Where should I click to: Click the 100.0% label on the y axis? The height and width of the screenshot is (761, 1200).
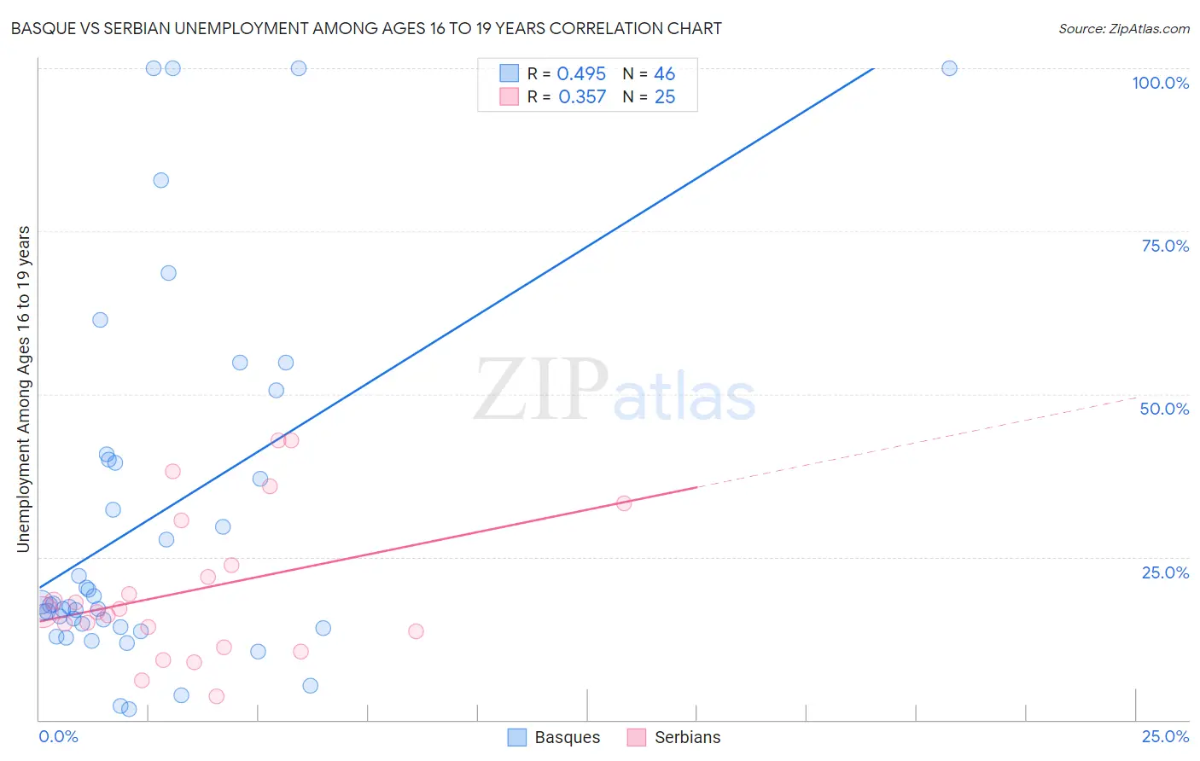(x=1160, y=83)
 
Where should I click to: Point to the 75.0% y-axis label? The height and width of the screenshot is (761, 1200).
(x=1165, y=246)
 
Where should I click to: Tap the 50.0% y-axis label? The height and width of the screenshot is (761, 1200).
(x=1164, y=409)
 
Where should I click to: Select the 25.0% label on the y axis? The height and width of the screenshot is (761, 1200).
(x=1165, y=572)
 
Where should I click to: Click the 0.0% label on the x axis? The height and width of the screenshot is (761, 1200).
(x=58, y=736)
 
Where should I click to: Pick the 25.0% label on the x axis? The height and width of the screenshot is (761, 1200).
(x=1165, y=736)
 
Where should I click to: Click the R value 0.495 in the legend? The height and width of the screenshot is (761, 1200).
(x=581, y=74)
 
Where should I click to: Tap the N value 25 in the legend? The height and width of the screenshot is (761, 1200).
(x=664, y=97)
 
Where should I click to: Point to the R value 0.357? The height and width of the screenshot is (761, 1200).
(x=581, y=97)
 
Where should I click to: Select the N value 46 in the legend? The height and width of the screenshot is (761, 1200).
(x=664, y=74)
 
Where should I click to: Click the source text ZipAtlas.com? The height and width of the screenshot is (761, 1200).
(x=1123, y=29)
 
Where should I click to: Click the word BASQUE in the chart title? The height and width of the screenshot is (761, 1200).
(x=42, y=29)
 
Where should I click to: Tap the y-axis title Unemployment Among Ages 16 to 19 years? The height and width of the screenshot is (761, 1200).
(x=24, y=389)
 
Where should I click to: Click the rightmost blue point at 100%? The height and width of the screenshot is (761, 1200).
(x=949, y=68)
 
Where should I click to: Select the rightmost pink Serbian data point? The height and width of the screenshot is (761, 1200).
(x=624, y=503)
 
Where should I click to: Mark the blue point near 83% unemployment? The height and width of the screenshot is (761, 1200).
(x=160, y=180)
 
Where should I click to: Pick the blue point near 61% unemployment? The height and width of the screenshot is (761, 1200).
(x=100, y=320)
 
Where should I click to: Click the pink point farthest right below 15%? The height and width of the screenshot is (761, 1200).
(x=416, y=631)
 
